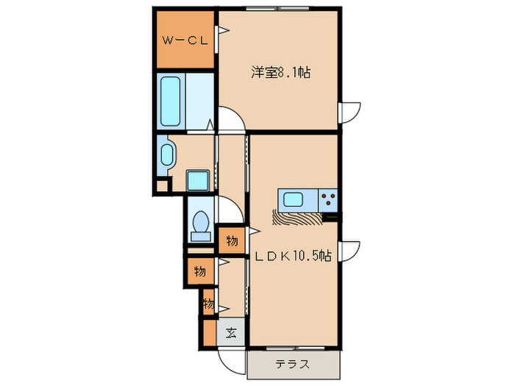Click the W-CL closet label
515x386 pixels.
point(184,41)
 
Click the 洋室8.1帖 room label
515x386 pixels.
point(280,73)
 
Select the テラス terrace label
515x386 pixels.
point(292,364)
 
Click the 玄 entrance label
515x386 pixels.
point(230,332)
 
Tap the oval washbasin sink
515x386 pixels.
point(168,156)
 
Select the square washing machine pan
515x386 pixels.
point(198,180)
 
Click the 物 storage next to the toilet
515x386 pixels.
point(232,240)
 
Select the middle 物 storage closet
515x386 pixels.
point(199,271)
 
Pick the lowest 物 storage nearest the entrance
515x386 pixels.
point(209,304)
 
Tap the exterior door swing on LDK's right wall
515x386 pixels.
point(349,250)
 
